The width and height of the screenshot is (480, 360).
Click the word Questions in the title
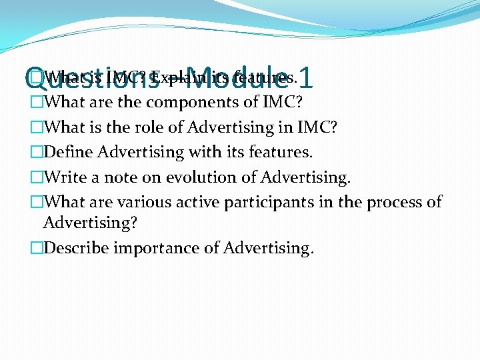click(92, 81)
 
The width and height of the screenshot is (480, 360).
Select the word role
click(159, 127)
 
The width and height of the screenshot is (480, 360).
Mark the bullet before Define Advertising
click(37, 152)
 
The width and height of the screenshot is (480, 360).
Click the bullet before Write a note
click(37, 177)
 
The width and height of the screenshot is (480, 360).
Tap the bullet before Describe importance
click(37, 249)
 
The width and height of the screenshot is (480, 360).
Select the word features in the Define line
click(282, 152)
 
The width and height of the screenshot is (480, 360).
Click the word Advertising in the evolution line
click(305, 178)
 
